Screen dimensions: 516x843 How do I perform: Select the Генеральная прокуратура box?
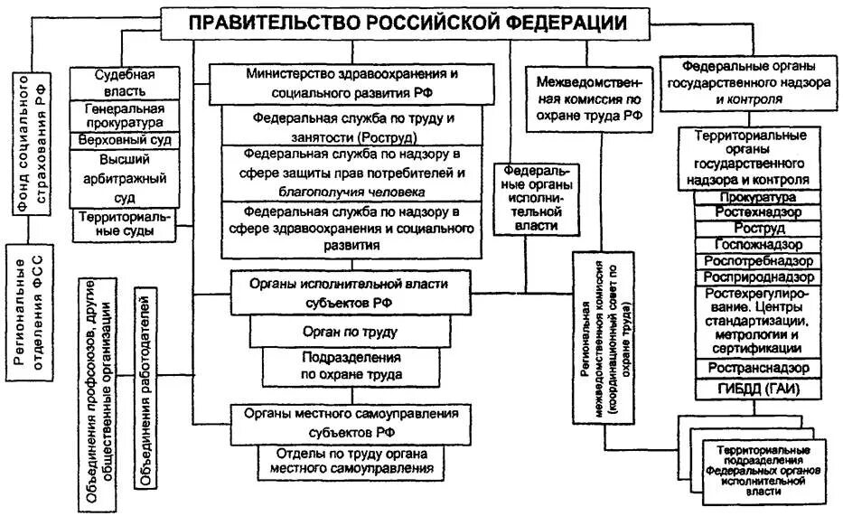coord(125,115)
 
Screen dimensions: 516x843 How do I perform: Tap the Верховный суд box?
coord(125,140)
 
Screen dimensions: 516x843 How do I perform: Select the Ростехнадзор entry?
coord(757,211)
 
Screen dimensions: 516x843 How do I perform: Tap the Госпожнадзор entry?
coord(757,245)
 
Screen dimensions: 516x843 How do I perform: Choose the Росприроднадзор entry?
coord(757,277)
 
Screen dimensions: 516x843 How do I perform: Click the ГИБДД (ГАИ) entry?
coord(757,389)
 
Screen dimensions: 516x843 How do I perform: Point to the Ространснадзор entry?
coord(757,367)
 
